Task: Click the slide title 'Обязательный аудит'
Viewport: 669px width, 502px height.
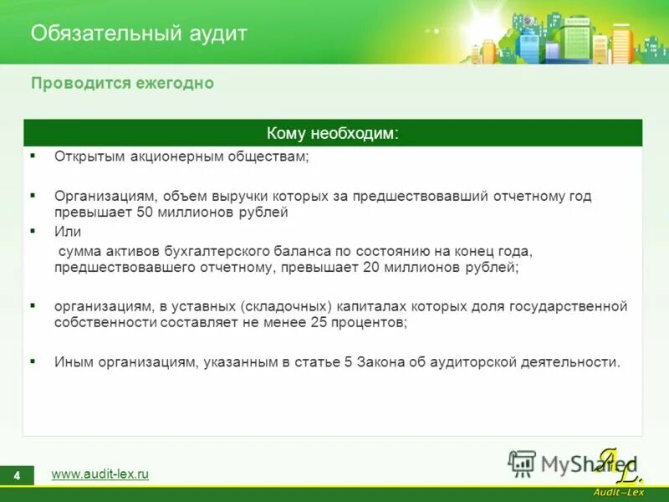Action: pyautogui.click(x=139, y=33)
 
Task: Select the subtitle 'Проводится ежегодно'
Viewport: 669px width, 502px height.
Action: pyautogui.click(x=122, y=84)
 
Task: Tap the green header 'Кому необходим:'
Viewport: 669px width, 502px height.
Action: pyautogui.click(x=332, y=134)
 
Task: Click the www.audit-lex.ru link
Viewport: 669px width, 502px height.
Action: pyautogui.click(x=100, y=474)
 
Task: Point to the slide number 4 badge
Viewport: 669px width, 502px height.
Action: pyautogui.click(x=16, y=475)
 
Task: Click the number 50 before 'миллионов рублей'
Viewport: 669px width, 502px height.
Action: pyautogui.click(x=143, y=213)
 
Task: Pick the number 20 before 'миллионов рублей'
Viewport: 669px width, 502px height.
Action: pyautogui.click(x=372, y=268)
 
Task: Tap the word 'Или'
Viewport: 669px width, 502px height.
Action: pyautogui.click(x=68, y=232)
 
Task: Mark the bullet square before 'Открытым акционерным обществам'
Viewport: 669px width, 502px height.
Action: pyautogui.click(x=33, y=156)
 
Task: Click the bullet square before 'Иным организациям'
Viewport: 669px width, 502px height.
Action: pyautogui.click(x=33, y=361)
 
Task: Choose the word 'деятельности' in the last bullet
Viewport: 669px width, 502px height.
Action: pyautogui.click(x=577, y=362)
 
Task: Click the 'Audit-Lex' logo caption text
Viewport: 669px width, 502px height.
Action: pyautogui.click(x=618, y=492)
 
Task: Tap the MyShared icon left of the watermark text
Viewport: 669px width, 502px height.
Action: pyautogui.click(x=523, y=463)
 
